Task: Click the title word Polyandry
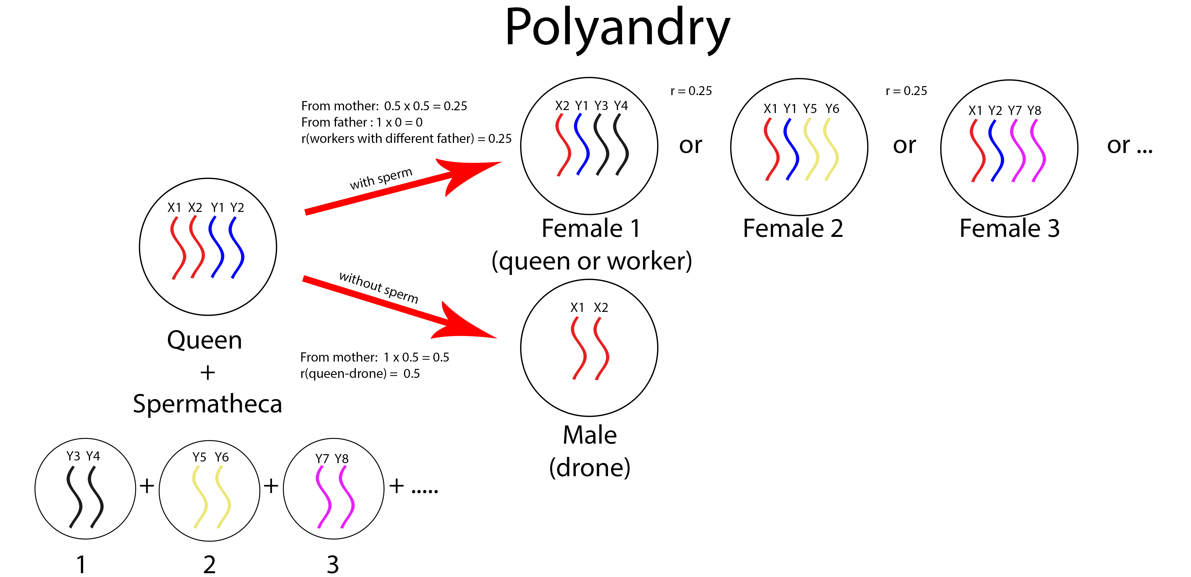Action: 617,29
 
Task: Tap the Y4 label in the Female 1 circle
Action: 621,106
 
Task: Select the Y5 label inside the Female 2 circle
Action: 809,109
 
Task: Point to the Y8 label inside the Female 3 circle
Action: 1034,111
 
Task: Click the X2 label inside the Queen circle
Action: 195,208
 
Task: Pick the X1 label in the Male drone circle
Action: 577,308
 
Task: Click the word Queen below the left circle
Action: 204,340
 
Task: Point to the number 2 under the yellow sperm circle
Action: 210,564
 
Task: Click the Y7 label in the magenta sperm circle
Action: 322,459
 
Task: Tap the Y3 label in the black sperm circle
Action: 73,456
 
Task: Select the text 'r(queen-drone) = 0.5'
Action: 360,374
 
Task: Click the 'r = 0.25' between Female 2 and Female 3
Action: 906,91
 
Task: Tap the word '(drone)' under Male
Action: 589,468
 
